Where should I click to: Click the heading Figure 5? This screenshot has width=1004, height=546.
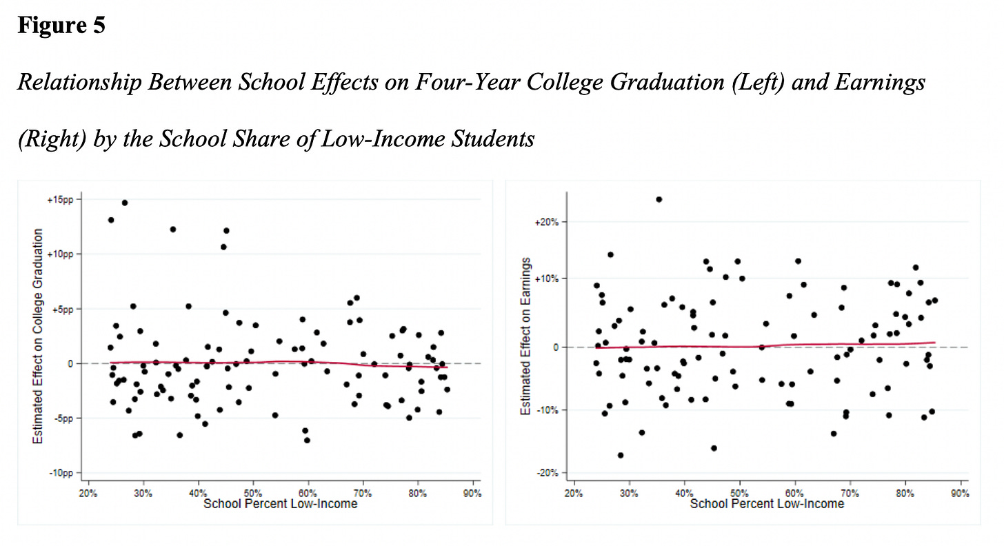61,26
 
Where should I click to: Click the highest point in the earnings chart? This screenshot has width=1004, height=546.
659,199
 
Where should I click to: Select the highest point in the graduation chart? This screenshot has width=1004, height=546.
125,203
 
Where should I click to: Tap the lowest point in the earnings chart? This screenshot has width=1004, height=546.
621,455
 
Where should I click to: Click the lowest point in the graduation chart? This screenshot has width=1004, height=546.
307,440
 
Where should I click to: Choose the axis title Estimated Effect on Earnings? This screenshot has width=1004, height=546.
525,336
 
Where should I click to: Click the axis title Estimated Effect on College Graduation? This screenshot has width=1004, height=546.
39,336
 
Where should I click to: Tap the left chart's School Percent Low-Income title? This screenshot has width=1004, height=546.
281,504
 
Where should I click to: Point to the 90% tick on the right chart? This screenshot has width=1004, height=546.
960,494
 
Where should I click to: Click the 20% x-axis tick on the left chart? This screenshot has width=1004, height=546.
88,494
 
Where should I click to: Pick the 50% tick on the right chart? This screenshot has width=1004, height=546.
739,494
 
